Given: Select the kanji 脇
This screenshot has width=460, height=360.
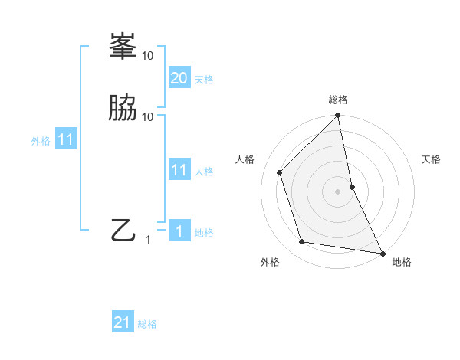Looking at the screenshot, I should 123,108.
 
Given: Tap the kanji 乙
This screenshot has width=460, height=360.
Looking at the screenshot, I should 123,229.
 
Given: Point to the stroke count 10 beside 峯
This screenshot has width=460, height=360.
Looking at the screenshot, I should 148,55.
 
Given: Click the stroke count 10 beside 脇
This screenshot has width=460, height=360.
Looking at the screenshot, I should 148,116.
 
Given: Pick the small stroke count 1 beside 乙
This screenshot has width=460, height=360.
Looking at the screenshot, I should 149,239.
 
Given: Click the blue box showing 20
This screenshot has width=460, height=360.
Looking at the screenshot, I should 179,77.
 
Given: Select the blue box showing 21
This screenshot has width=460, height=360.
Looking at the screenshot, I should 123,322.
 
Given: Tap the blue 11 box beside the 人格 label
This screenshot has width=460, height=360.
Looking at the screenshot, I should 179,170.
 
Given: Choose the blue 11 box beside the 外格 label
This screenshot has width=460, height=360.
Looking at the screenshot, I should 66,139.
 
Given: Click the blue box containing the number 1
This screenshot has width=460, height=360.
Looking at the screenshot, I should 179,231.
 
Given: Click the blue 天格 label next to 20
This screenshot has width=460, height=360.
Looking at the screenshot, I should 204,79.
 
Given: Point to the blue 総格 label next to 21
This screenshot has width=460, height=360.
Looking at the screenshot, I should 147,324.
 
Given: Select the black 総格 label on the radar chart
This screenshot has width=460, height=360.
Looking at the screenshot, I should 338,100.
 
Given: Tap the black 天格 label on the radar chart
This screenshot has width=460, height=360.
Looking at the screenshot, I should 432,159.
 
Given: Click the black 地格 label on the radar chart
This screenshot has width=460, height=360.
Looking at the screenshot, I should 402,262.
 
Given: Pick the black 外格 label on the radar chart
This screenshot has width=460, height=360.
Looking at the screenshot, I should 270,262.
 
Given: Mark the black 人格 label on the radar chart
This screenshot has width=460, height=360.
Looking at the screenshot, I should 245,159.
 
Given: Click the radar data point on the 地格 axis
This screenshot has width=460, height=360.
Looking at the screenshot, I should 382,253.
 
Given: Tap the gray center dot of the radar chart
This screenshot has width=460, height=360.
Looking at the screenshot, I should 338,191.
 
